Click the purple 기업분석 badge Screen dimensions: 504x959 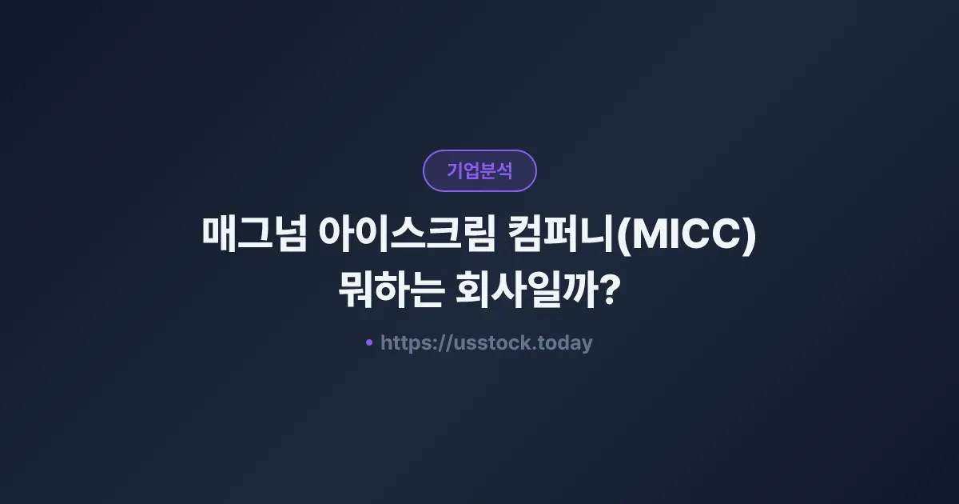[479, 170]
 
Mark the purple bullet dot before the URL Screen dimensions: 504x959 [369, 342]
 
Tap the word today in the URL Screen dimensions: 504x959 [566, 343]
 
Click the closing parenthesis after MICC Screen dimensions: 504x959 [750, 237]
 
